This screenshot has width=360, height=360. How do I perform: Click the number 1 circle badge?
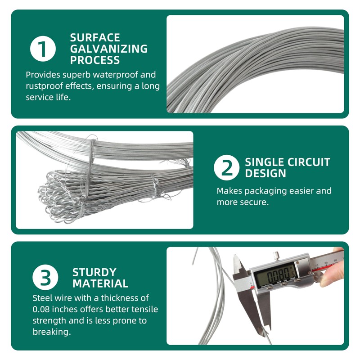click(x=43, y=49)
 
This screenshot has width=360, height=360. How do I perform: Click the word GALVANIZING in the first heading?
click(x=108, y=49)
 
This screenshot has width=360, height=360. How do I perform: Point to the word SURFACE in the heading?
click(x=95, y=38)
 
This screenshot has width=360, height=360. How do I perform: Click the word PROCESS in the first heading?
click(x=95, y=60)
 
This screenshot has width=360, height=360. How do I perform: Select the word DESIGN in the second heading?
click(x=265, y=173)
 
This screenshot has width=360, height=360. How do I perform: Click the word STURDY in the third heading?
click(x=94, y=272)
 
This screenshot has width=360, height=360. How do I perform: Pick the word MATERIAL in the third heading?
click(x=100, y=283)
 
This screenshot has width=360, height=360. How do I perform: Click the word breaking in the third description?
click(x=51, y=332)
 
